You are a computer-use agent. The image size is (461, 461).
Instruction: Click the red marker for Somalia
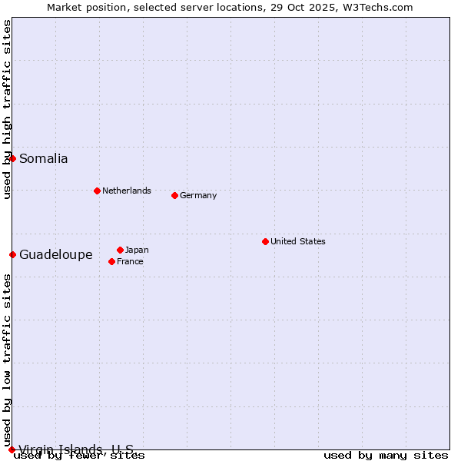12,158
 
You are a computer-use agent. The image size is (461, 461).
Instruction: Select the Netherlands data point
97,191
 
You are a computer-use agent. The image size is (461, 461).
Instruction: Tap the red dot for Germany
174,195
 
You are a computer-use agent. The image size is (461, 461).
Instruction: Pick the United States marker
265,241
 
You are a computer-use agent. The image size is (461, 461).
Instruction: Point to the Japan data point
120,250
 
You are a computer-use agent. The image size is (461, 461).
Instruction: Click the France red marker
111,261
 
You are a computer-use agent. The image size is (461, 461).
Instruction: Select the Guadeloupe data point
12,254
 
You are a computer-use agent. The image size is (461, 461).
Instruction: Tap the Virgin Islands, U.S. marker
12,449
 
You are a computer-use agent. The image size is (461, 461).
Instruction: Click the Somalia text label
44,159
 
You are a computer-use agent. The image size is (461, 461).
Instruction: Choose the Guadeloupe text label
56,255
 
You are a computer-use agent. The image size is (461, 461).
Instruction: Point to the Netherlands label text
127,191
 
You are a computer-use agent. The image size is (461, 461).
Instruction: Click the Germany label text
198,195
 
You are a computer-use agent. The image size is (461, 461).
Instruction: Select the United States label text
298,241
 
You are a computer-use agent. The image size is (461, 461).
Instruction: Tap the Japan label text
137,250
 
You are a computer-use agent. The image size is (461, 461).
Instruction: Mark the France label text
130,261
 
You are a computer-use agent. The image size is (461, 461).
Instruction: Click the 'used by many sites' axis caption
386,456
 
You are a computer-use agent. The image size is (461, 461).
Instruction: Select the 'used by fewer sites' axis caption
79,456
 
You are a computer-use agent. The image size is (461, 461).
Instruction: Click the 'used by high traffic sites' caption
8,109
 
